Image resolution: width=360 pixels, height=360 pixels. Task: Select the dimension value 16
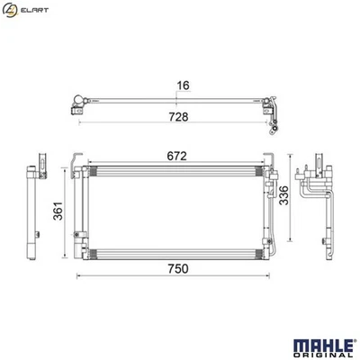183,86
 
